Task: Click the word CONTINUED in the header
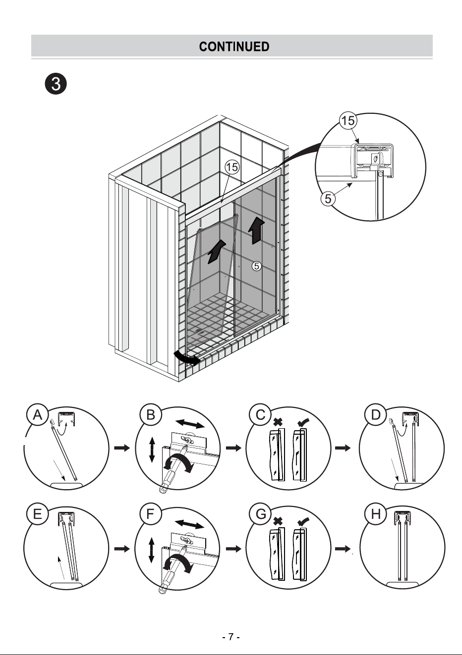click(x=234, y=47)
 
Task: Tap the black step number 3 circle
click(x=56, y=84)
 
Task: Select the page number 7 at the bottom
click(x=231, y=637)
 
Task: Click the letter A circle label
click(x=38, y=415)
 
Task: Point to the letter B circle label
click(x=151, y=415)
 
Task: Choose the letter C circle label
click(x=260, y=415)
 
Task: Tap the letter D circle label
click(x=376, y=415)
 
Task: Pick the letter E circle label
click(x=38, y=514)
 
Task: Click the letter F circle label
click(x=151, y=514)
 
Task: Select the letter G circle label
click(x=260, y=514)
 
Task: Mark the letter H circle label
click(x=376, y=514)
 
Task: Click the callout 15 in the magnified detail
click(x=348, y=120)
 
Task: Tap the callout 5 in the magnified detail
click(x=328, y=199)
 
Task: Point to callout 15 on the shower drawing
click(x=232, y=167)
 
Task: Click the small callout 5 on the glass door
click(x=256, y=266)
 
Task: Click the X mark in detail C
click(x=278, y=422)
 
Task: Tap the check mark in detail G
click(x=303, y=521)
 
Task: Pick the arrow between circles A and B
click(x=122, y=448)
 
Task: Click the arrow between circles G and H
click(x=343, y=549)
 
